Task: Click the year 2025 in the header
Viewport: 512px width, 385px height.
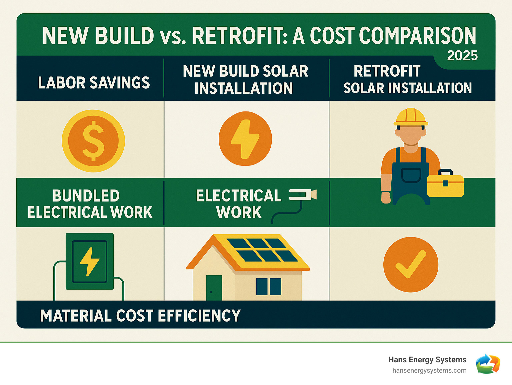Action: pyautogui.click(x=462, y=56)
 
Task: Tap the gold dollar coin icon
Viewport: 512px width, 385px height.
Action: pyautogui.click(x=93, y=141)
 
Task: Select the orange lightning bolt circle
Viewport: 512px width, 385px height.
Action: pyautogui.click(x=245, y=138)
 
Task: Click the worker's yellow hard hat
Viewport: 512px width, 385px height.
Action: pyautogui.click(x=411, y=117)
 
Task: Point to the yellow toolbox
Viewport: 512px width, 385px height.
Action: pyautogui.click(x=445, y=185)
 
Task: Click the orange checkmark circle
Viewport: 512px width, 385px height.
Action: pyautogui.click(x=411, y=265)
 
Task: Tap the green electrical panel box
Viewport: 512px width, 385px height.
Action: pyautogui.click(x=90, y=261)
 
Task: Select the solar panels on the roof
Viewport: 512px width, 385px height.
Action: pyautogui.click(x=262, y=250)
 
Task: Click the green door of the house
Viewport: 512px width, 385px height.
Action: pyautogui.click(x=214, y=288)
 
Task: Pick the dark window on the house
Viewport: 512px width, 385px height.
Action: pyautogui.click(x=269, y=286)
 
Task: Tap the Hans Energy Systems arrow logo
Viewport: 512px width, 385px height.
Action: pyautogui.click(x=488, y=364)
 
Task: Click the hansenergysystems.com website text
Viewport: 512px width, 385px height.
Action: pyautogui.click(x=429, y=371)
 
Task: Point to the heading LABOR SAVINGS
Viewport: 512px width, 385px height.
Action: pyautogui.click(x=94, y=83)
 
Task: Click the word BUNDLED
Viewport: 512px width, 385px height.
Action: pyautogui.click(x=86, y=196)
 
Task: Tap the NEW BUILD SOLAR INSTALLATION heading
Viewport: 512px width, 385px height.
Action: pyautogui.click(x=245, y=80)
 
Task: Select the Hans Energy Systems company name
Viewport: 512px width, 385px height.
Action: pyautogui.click(x=427, y=360)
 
